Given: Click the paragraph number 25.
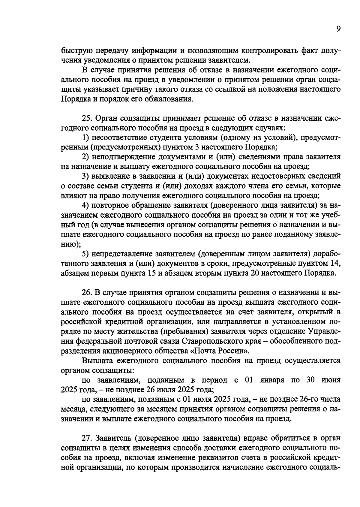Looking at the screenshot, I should coord(86,118).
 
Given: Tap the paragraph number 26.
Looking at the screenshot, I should coord(86,292).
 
